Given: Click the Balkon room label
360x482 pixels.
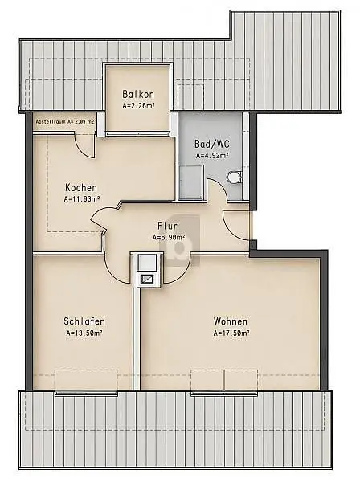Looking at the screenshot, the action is tap(138, 94).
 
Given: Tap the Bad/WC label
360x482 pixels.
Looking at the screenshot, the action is tap(212, 144).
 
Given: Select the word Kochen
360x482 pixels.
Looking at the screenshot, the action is tap(81, 187).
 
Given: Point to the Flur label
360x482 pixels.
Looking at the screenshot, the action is tap(168, 226).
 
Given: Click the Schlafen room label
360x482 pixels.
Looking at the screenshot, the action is tap(84, 321).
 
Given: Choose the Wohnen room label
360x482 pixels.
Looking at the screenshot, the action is tap(231, 321).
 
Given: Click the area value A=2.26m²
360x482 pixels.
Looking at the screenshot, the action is tap(138, 106).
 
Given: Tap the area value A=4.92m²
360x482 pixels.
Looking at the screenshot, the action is tap(212, 156).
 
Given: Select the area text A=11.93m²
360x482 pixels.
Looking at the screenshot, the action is tap(82, 199).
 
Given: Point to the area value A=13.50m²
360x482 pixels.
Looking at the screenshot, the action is tap(84, 333).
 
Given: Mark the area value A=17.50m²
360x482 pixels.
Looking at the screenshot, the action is tap(231, 333).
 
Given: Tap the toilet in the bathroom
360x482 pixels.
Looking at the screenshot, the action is tap(235, 178).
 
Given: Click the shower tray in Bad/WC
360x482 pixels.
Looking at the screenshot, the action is tap(191, 182).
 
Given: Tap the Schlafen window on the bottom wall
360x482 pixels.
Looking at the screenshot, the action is tap(86, 393).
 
